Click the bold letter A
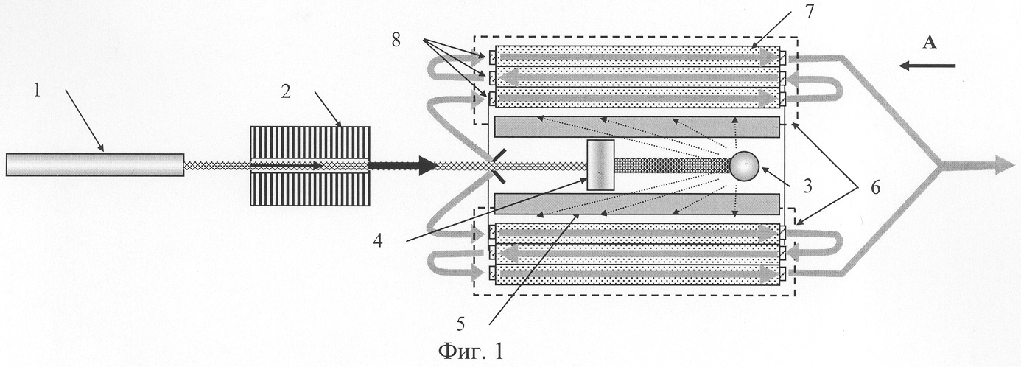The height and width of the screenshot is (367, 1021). pyautogui.click(x=929, y=44)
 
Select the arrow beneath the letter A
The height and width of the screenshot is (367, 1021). pyautogui.click(x=927, y=66)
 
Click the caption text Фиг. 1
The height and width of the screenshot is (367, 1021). pyautogui.click(x=471, y=351)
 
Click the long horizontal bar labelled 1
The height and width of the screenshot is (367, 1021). pyautogui.click(x=94, y=164)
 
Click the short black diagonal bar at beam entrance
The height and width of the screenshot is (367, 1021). pyautogui.click(x=495, y=165)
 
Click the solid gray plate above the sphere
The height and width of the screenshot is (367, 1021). pyautogui.click(x=636, y=127)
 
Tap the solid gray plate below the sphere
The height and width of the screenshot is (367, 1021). pyautogui.click(x=636, y=203)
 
